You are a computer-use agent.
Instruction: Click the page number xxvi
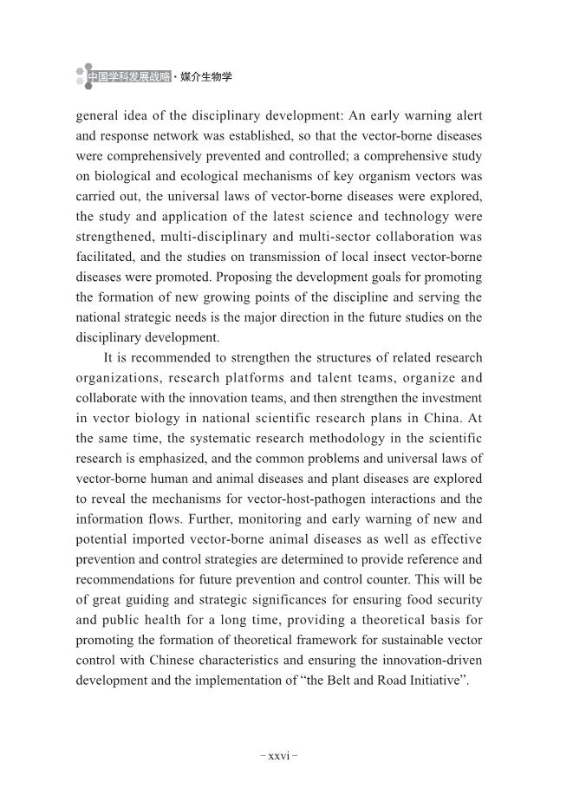[x=279, y=755]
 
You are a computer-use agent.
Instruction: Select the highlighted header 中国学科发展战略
[x=128, y=78]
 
